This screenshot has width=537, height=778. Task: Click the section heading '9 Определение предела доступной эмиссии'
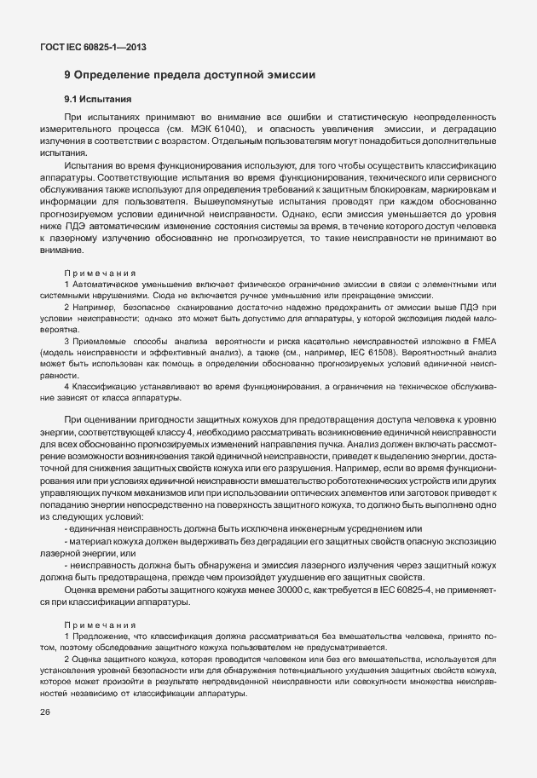coord(190,75)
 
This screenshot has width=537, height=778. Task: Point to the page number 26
coord(44,712)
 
